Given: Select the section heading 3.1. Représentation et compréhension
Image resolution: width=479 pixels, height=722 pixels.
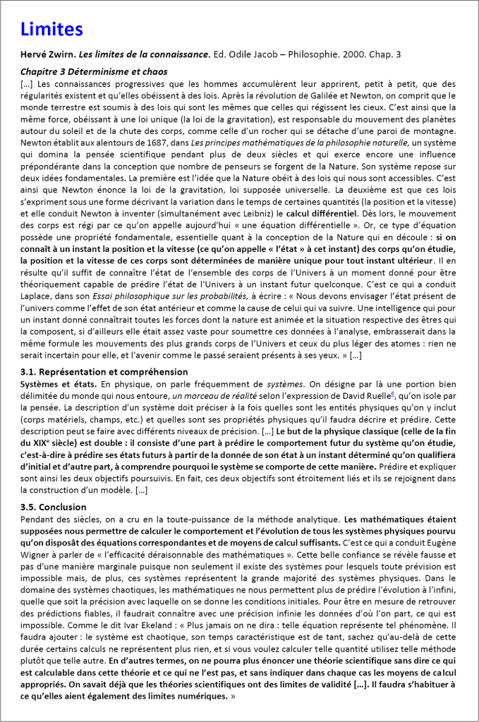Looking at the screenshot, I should (x=104, y=371).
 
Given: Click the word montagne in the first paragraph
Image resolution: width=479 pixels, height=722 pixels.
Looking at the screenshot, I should (x=436, y=140).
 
